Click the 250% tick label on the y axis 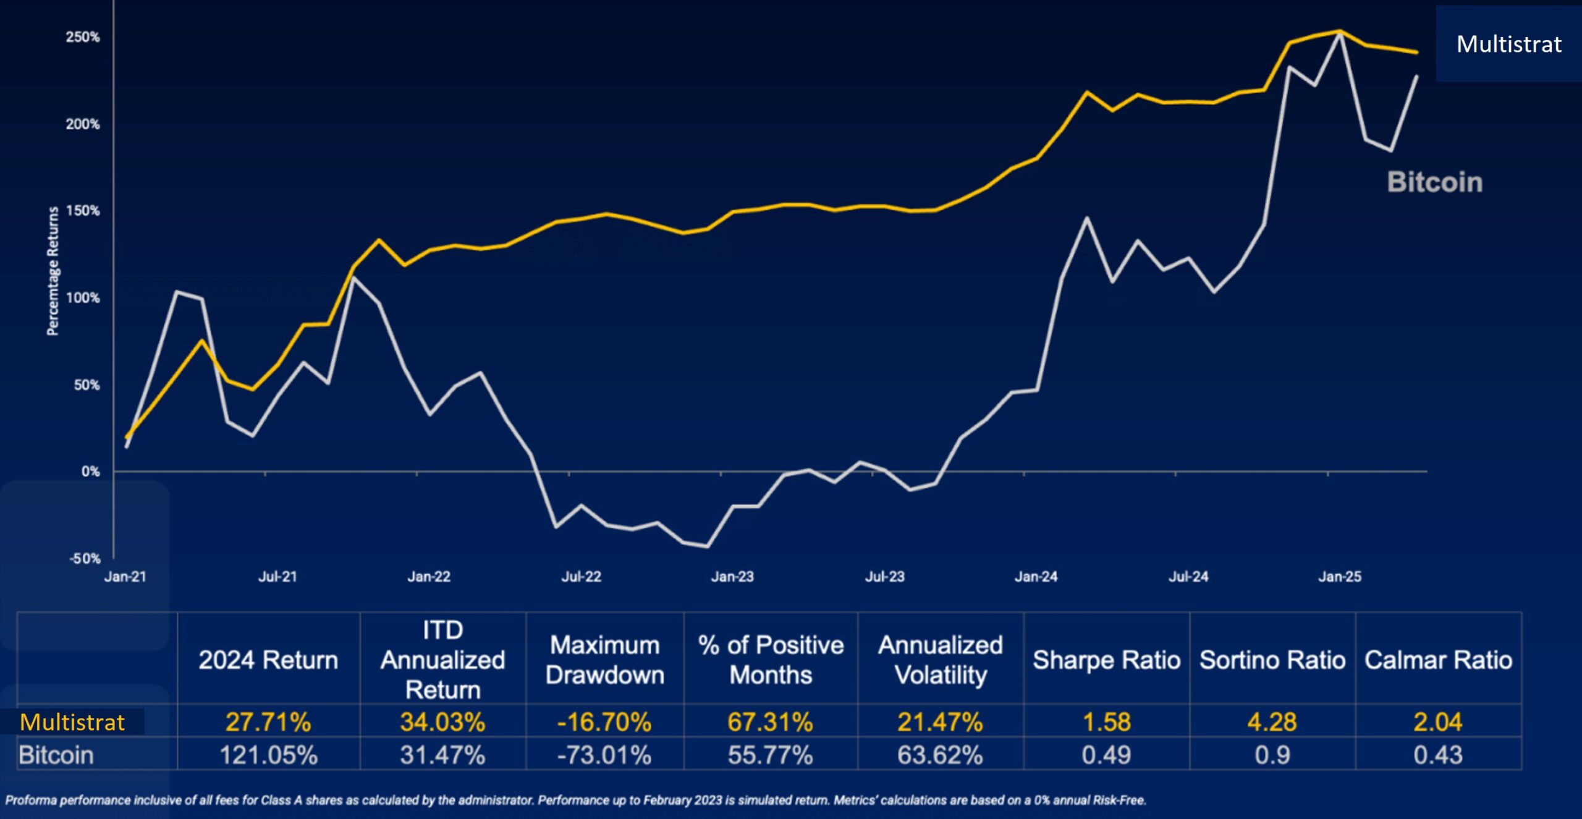[x=83, y=37]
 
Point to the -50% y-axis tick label [x=85, y=559]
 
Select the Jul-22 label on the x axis [x=581, y=577]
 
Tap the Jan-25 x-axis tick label [x=1340, y=577]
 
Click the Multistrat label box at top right [x=1508, y=44]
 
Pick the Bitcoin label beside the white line [x=1434, y=182]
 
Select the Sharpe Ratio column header [x=1106, y=660]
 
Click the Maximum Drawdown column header [x=604, y=660]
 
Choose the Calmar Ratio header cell [x=1438, y=660]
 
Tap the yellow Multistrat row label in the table [x=72, y=722]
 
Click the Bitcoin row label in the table [x=56, y=755]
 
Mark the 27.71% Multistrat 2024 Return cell [x=268, y=722]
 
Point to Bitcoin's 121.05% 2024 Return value [x=268, y=755]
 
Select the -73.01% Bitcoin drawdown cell [x=604, y=755]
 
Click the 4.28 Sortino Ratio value [x=1272, y=722]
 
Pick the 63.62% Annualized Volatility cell [x=940, y=755]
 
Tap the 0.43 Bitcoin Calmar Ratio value [x=1438, y=755]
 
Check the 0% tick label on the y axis [x=90, y=472]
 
